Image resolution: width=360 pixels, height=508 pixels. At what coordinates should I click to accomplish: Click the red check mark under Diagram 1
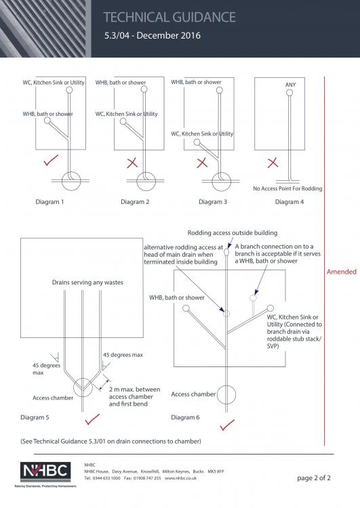click(x=51, y=161)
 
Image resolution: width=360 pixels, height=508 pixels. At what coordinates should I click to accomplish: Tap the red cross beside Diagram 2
click(x=132, y=163)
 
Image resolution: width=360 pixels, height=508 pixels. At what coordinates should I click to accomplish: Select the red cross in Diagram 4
click(x=273, y=163)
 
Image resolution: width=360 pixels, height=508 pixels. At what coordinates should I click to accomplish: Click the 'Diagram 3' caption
click(x=213, y=202)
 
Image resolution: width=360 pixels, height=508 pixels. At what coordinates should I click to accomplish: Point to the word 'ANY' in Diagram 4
click(x=290, y=85)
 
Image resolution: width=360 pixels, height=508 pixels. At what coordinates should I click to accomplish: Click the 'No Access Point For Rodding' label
click(x=287, y=188)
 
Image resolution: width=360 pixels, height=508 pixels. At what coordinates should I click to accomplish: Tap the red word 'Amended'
click(x=342, y=272)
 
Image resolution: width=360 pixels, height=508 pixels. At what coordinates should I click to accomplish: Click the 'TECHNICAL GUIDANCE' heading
click(x=169, y=17)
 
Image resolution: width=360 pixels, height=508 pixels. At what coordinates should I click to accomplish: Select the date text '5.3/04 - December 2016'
click(x=152, y=35)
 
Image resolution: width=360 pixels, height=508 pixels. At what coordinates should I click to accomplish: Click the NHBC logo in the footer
click(x=45, y=471)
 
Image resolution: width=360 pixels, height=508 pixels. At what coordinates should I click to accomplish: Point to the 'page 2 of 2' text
click(x=314, y=478)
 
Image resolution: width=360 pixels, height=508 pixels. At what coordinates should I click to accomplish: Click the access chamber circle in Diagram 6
click(x=226, y=394)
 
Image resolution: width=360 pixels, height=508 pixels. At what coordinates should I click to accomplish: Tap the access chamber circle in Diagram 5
click(x=83, y=387)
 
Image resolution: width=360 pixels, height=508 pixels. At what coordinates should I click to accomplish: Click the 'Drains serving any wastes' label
click(x=87, y=282)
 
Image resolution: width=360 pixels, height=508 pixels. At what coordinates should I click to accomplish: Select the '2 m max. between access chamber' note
click(x=135, y=393)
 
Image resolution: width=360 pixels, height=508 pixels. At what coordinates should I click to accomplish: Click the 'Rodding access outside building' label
click(x=233, y=233)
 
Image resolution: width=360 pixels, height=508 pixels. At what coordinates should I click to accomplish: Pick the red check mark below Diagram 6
click(x=227, y=425)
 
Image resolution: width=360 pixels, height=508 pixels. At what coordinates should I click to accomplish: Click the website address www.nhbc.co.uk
click(x=180, y=478)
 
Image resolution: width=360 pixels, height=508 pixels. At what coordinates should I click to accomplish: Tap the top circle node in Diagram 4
click(x=289, y=93)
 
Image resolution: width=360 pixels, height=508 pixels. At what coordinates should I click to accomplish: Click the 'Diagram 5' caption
click(x=35, y=417)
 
